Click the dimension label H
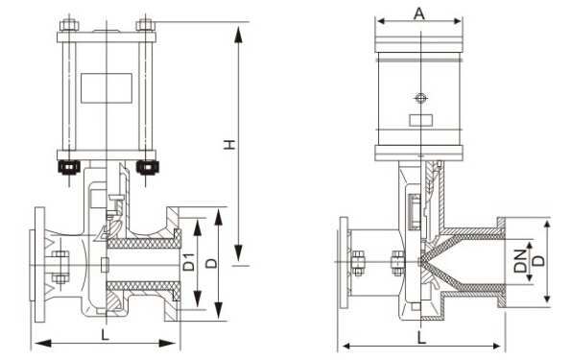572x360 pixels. click(229, 144)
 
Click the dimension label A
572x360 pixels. click(419, 13)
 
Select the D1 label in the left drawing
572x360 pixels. click(189, 262)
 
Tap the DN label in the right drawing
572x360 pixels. click(520, 261)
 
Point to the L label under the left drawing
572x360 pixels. click(105, 335)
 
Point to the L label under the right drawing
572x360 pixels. click(421, 337)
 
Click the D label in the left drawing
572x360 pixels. click(211, 263)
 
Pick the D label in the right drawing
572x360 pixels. click(539, 260)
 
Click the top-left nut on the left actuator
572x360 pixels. click(69, 25)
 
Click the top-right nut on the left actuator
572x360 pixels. click(145, 25)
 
